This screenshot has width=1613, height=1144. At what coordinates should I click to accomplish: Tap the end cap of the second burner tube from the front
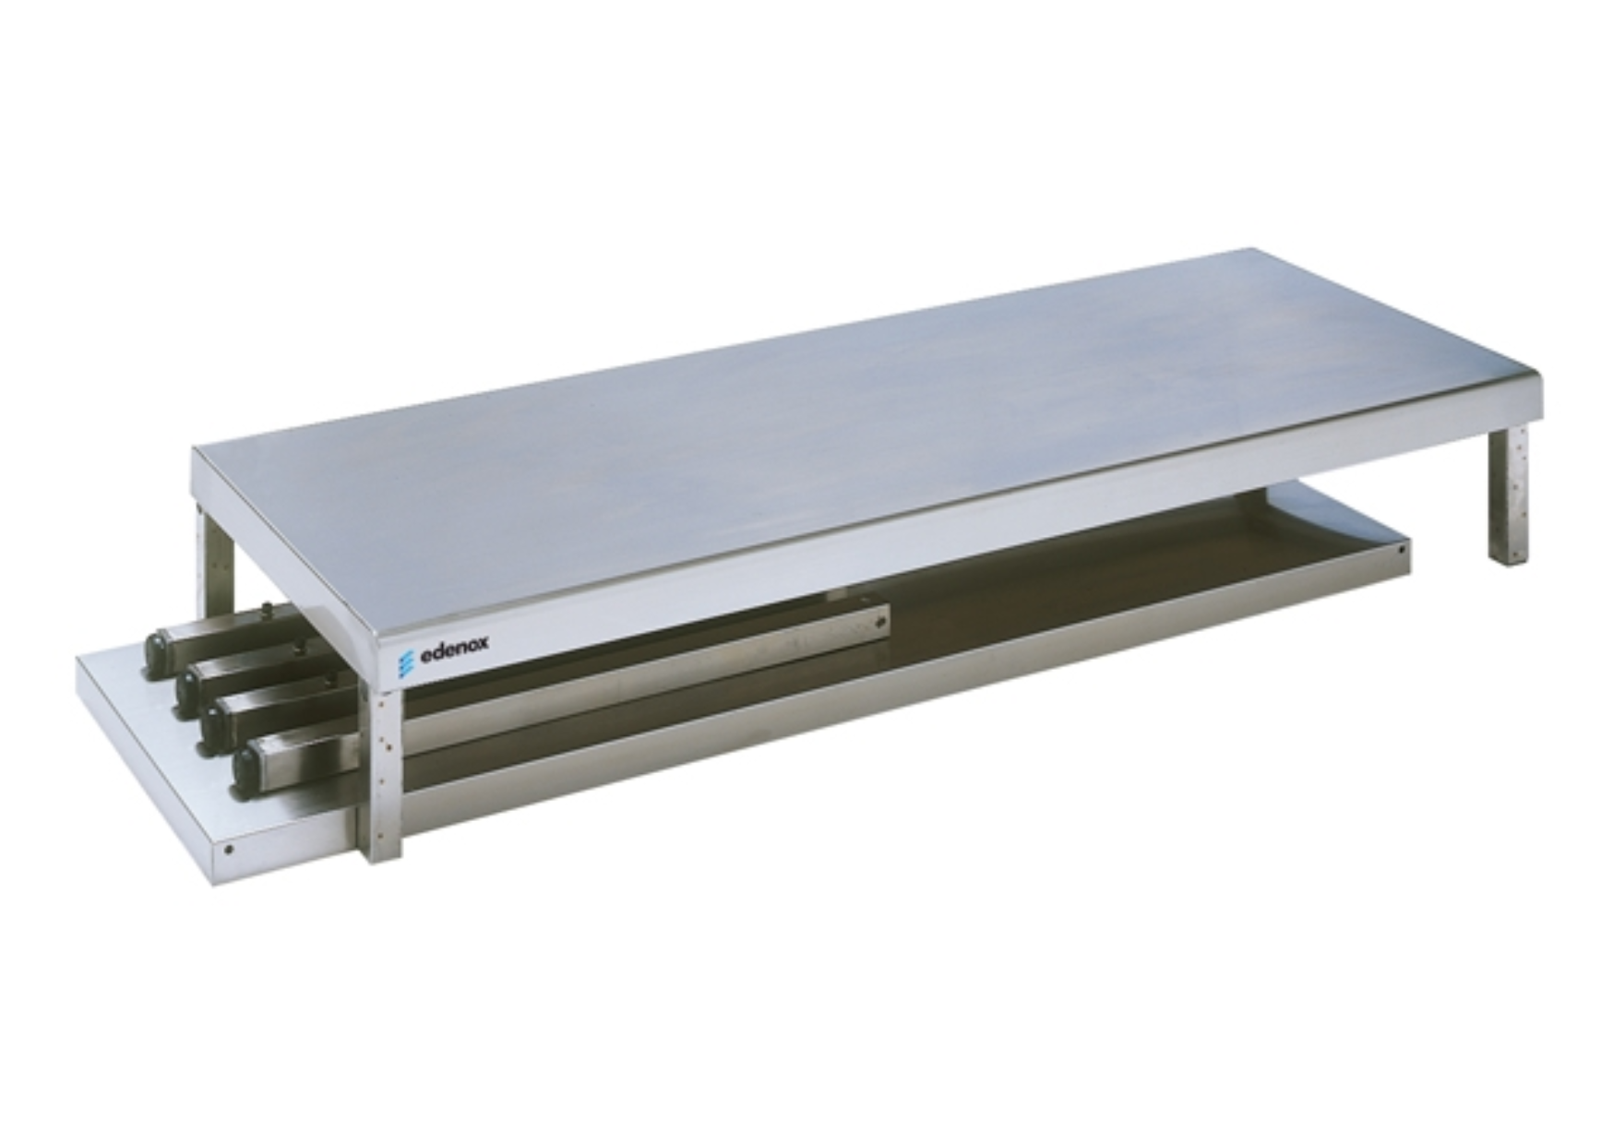tap(218, 726)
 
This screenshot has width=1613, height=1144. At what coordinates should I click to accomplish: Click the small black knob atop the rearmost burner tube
tap(268, 608)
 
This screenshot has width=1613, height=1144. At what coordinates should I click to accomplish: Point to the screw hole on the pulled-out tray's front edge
tap(229, 850)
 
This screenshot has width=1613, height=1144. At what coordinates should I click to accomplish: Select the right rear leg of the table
tap(1507, 496)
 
